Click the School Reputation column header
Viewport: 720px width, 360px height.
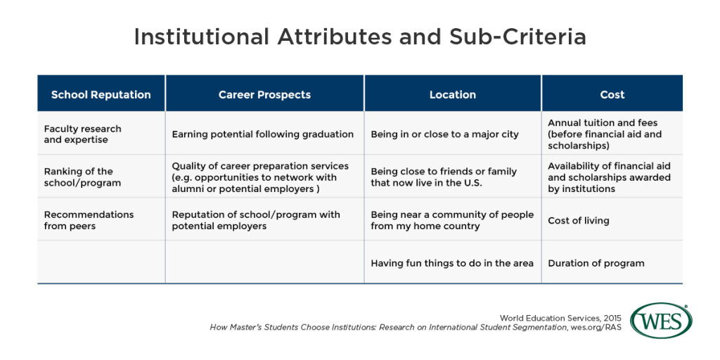(101, 94)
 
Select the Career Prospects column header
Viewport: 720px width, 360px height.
(264, 94)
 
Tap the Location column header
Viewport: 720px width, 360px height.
(452, 94)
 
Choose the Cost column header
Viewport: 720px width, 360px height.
(612, 94)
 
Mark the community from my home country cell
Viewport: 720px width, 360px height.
(452, 220)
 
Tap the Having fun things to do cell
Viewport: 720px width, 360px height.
(452, 263)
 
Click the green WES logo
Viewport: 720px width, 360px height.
(661, 321)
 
